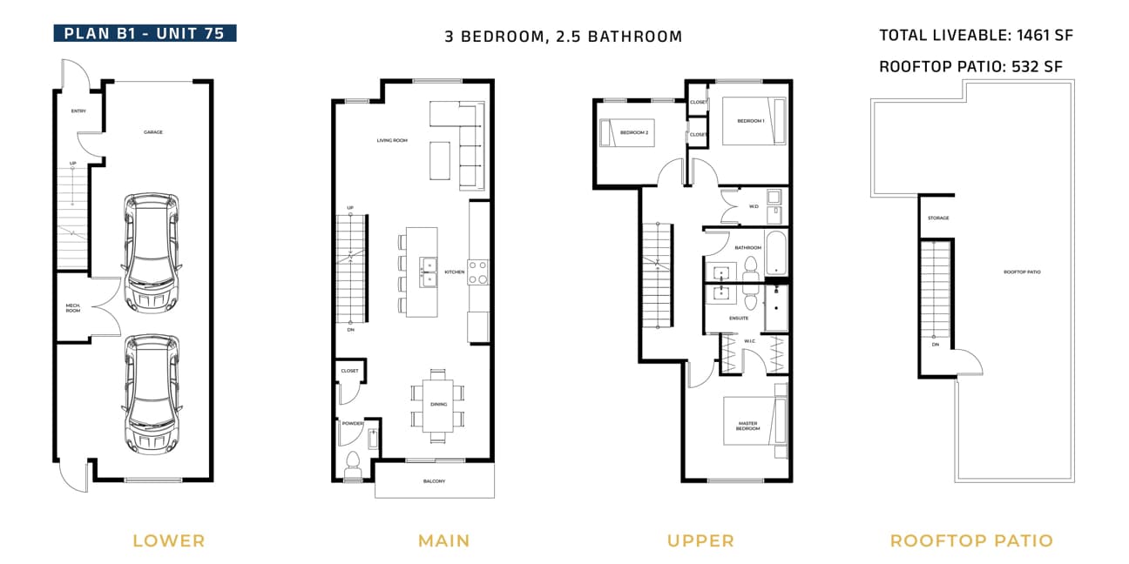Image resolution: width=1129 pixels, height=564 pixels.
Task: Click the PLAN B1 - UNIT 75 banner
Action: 145,33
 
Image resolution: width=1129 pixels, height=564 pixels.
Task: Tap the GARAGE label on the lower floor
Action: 153,132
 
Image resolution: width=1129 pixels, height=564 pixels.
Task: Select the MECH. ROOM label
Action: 73,308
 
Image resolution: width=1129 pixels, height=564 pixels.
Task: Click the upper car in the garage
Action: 152,253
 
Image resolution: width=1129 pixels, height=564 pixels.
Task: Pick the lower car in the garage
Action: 152,394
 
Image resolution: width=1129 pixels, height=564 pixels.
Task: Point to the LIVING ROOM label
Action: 392,140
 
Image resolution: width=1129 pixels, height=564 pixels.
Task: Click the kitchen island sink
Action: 429,272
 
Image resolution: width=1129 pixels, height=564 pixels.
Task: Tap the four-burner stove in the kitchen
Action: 477,272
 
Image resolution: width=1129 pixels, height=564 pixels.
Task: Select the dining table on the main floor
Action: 438,405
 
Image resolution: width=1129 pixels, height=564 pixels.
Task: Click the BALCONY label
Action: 434,481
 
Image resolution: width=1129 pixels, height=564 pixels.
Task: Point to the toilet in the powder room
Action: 353,464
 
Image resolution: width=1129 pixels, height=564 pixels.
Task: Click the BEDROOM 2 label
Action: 634,133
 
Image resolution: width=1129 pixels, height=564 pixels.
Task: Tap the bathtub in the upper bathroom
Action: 776,252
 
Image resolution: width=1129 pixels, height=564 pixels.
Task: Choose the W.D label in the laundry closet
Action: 754,207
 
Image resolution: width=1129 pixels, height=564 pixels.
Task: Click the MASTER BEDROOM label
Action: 747,426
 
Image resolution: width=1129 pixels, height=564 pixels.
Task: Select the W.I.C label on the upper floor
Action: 750,341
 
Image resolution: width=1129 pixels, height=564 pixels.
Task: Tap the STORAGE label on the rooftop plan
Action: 938,218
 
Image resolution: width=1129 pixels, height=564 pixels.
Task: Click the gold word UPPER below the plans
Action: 700,540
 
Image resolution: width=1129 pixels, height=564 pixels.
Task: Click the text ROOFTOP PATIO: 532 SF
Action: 970,66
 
